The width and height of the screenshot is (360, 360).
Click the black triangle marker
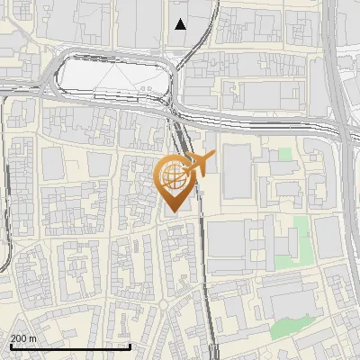(181, 24)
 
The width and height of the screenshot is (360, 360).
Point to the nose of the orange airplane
(213, 157)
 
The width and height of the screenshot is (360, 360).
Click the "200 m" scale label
(24, 338)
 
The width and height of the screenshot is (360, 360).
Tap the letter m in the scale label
(33, 338)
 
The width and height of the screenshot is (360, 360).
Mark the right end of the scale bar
(130, 347)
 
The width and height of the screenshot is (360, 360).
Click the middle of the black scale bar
(69, 347)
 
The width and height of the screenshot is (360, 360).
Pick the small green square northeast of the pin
(285, 155)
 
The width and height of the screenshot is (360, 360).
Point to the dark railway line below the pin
(208, 288)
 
